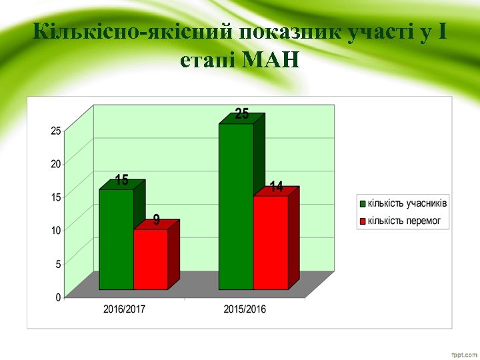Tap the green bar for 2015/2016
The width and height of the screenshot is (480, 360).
(x=236, y=207)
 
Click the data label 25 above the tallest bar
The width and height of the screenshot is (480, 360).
(x=242, y=115)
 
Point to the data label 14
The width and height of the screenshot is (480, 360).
(x=276, y=187)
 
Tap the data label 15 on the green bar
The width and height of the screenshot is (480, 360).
(x=121, y=180)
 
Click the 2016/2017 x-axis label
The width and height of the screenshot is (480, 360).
(x=125, y=309)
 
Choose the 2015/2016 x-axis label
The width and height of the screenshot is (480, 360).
(x=245, y=309)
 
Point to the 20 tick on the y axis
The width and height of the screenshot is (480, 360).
(x=56, y=163)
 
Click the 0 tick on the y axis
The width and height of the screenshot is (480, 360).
(x=58, y=297)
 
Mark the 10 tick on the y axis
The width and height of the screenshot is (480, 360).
(x=56, y=230)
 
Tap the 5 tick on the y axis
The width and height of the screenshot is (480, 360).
(x=58, y=264)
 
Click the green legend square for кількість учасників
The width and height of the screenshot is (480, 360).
(x=363, y=203)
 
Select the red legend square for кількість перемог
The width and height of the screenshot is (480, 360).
(x=363, y=220)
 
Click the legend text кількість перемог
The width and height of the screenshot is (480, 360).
(x=405, y=220)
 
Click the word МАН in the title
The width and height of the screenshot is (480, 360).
(x=271, y=61)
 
